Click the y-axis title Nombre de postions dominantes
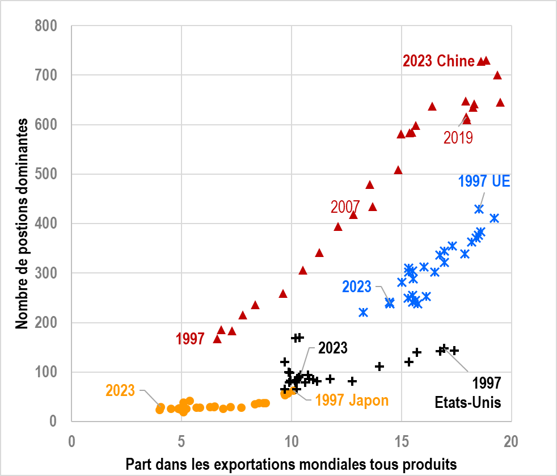pos(22,224)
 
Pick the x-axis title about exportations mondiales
pos(291,464)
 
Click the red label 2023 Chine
pos(438,61)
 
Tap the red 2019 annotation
pos(458,138)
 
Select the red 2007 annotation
pos(345,207)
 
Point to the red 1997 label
pos(190,339)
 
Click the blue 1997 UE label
pos(484,182)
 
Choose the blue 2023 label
pos(357,287)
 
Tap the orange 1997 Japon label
pos(352,401)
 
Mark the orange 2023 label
pos(120,390)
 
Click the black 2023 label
pos(332,348)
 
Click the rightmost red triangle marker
pos(500,103)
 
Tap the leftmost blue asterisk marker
pos(364,312)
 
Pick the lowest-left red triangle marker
pos(217,339)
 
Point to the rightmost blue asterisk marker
pos(494,218)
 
